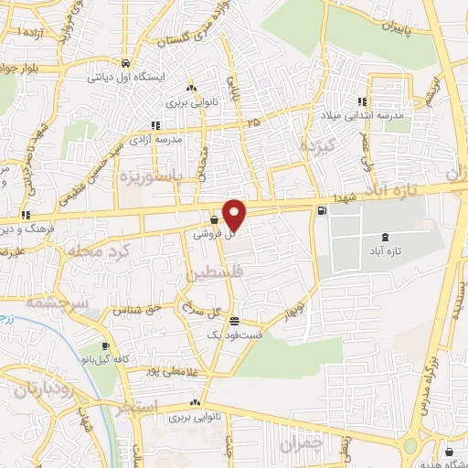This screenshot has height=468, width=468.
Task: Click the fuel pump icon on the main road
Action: coord(321,212)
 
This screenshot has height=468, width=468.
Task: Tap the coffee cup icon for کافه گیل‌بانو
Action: coord(107,346)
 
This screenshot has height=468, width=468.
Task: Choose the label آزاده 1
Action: coord(35,32)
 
